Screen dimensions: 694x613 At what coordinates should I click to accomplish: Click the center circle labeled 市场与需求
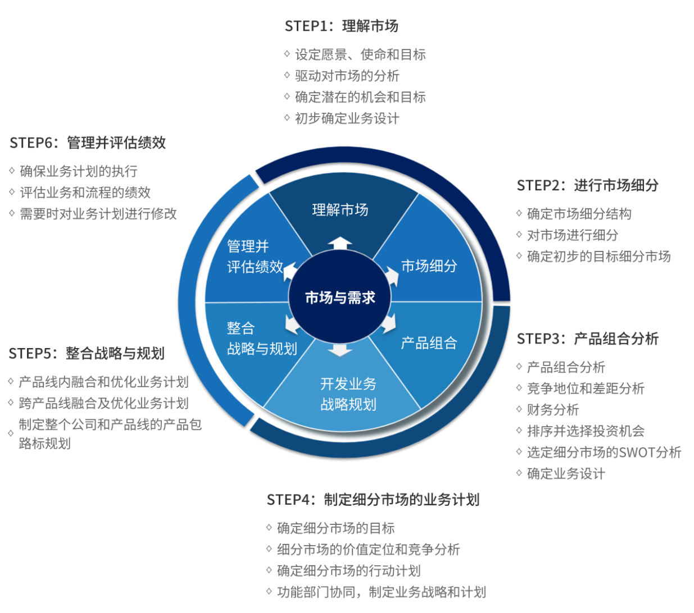click(x=340, y=297)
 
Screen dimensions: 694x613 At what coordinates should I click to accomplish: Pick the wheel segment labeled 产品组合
click(x=429, y=343)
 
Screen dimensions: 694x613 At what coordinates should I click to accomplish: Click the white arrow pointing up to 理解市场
click(x=341, y=243)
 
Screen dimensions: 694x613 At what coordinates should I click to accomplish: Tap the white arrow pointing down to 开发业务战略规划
click(x=341, y=350)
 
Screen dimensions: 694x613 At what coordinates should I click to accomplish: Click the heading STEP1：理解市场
click(x=341, y=26)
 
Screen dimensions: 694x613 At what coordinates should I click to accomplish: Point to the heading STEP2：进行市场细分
click(x=587, y=185)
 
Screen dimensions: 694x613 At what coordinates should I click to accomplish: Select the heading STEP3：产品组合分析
click(x=587, y=338)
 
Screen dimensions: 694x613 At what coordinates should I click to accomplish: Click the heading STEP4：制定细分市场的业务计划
click(x=373, y=499)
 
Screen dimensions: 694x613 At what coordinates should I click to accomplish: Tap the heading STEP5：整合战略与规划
click(x=87, y=353)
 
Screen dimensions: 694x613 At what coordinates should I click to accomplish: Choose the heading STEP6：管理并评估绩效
click(x=88, y=143)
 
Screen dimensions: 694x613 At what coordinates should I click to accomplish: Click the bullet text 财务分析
click(x=552, y=410)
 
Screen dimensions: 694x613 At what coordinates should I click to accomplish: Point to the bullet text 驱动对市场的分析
click(x=347, y=76)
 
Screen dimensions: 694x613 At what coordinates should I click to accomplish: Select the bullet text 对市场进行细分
click(x=572, y=235)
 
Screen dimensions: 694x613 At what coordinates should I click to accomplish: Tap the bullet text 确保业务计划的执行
click(x=78, y=171)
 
